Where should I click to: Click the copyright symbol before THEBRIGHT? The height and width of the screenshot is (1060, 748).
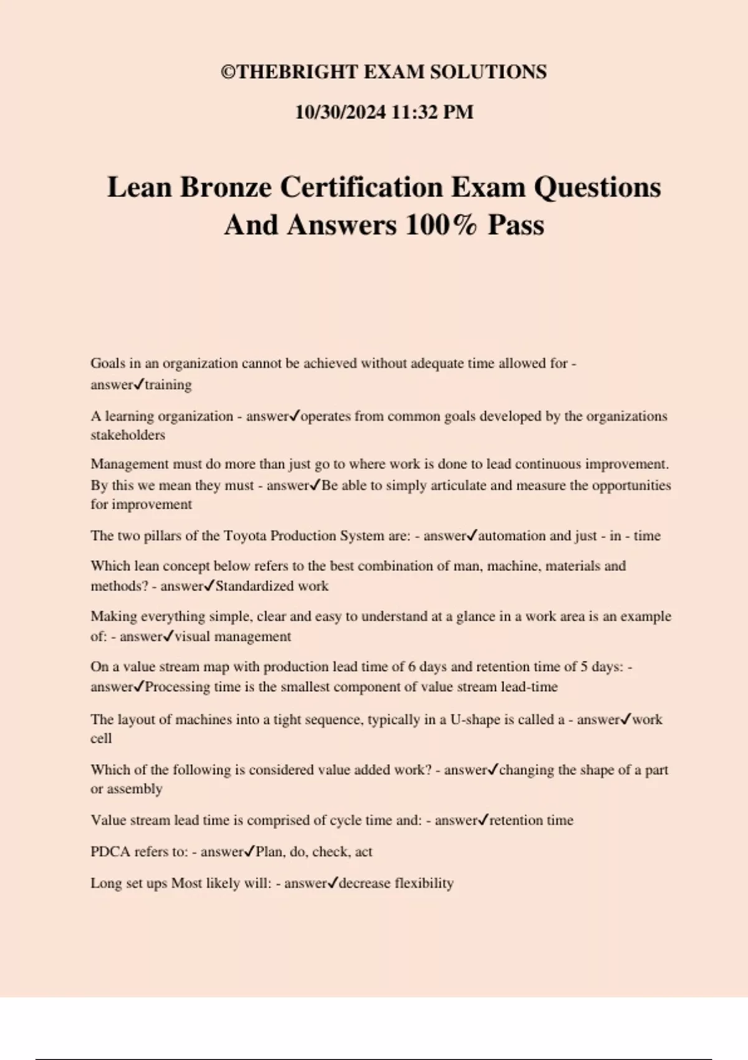click(x=229, y=72)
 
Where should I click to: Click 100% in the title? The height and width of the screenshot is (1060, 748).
click(x=441, y=225)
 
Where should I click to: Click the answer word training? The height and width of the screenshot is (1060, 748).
click(x=168, y=385)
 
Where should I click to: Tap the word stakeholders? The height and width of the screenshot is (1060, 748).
click(x=128, y=435)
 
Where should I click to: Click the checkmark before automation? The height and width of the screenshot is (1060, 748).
click(x=472, y=535)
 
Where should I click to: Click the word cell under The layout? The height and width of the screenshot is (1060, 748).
click(x=101, y=739)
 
